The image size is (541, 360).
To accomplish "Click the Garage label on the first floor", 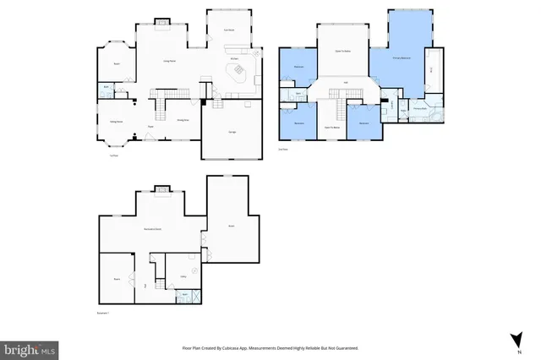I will click(232, 133).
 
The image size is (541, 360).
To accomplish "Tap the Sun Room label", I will click(228, 30).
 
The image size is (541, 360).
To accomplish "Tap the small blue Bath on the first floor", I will click(107, 86).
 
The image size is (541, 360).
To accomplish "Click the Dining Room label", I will click(182, 120).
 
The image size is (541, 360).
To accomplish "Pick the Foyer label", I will click(150, 127).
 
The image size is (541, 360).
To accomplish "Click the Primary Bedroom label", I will click(402, 57).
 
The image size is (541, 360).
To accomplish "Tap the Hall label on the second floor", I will click(346, 82).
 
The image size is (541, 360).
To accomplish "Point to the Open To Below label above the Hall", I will click(342, 50).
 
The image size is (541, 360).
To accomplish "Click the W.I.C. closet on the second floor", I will click(431, 71).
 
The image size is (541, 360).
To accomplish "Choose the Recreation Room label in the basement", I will click(152, 229).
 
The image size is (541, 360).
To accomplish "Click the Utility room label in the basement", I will click(183, 276).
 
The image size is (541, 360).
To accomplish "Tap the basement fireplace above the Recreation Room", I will click(160, 188).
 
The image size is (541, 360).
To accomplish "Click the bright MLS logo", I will click(30, 347).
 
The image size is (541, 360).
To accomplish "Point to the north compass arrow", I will click(514, 341).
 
